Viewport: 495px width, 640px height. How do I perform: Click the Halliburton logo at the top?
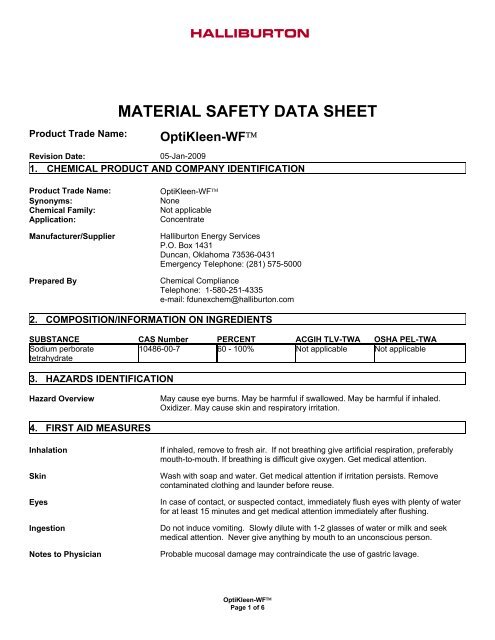[249, 33]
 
